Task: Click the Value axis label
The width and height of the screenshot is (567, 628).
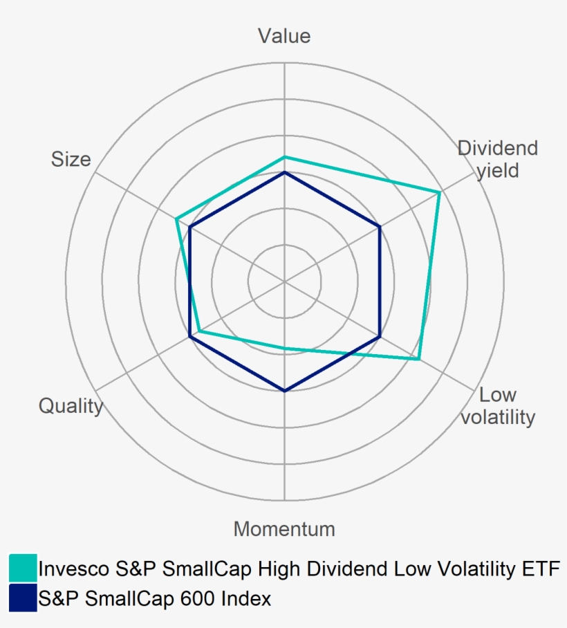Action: (284, 36)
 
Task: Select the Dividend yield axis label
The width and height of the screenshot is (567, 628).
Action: (498, 159)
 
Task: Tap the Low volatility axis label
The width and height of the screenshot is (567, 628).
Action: (498, 406)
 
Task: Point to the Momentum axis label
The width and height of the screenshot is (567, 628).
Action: (284, 529)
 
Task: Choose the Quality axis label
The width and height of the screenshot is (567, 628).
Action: (71, 406)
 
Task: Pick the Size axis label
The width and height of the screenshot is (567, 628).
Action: (71, 159)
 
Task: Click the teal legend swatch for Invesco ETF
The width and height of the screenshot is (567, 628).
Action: (23, 568)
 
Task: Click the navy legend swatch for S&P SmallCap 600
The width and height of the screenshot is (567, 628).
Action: (23, 598)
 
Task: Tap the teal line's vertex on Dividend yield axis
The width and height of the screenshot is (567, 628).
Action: (440, 192)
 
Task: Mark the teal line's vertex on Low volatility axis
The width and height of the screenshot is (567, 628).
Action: (419, 359)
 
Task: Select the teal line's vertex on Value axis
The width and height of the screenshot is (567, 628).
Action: (284, 158)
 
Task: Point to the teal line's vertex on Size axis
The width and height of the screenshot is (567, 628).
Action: (177, 219)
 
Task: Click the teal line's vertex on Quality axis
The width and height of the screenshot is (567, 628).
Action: (199, 331)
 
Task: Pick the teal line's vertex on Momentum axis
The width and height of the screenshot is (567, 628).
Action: (284, 348)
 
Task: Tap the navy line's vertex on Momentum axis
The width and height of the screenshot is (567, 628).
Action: (284, 391)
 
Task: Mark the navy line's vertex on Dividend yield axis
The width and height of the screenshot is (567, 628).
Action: (380, 227)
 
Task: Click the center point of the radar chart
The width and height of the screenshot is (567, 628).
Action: (284, 281)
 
